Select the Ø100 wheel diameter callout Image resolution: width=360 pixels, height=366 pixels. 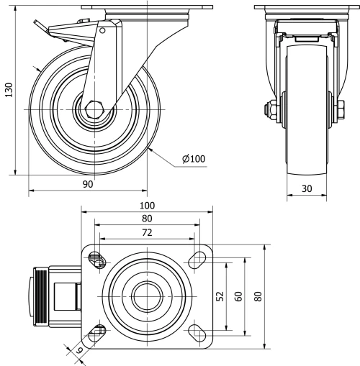click(193, 159)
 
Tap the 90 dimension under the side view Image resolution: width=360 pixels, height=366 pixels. click(88, 185)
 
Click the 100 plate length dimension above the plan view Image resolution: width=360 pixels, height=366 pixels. click(147, 206)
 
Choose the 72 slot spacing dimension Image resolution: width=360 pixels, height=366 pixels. click(147, 232)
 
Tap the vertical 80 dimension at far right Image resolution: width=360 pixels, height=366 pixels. click(258, 296)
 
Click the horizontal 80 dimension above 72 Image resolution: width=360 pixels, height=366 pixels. click(147, 219)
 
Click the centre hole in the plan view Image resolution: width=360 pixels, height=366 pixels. click(147, 296)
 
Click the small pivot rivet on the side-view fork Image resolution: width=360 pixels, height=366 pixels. click(102, 30)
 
